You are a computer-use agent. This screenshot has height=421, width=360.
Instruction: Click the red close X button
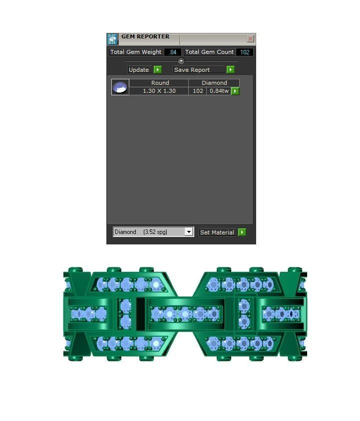tap(250, 39)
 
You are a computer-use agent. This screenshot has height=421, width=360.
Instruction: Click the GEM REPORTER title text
tap(145, 37)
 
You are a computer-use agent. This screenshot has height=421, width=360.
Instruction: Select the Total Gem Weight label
tap(136, 52)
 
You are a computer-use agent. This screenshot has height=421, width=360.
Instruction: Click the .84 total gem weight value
tap(173, 52)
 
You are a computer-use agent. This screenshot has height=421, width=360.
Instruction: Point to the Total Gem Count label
tap(209, 52)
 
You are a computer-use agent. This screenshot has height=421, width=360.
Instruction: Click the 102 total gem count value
tap(245, 52)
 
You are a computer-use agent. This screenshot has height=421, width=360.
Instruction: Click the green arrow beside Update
tap(157, 70)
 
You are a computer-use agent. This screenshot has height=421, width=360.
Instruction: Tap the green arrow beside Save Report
tap(230, 70)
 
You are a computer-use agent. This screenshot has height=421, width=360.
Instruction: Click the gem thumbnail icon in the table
tap(120, 87)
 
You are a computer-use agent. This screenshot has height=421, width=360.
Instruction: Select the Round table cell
tap(160, 83)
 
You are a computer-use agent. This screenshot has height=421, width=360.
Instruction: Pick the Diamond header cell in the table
tap(214, 83)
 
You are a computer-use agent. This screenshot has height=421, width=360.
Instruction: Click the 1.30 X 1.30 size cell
tap(159, 91)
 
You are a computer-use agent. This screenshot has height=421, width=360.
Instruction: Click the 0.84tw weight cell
tap(219, 91)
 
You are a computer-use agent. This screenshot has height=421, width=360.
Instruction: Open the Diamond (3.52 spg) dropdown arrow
tap(188, 232)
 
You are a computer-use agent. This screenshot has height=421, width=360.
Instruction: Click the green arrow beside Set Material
tap(242, 232)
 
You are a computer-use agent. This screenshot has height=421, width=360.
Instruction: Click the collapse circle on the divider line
tap(181, 61)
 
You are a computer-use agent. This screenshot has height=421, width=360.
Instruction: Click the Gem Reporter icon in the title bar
tap(112, 39)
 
